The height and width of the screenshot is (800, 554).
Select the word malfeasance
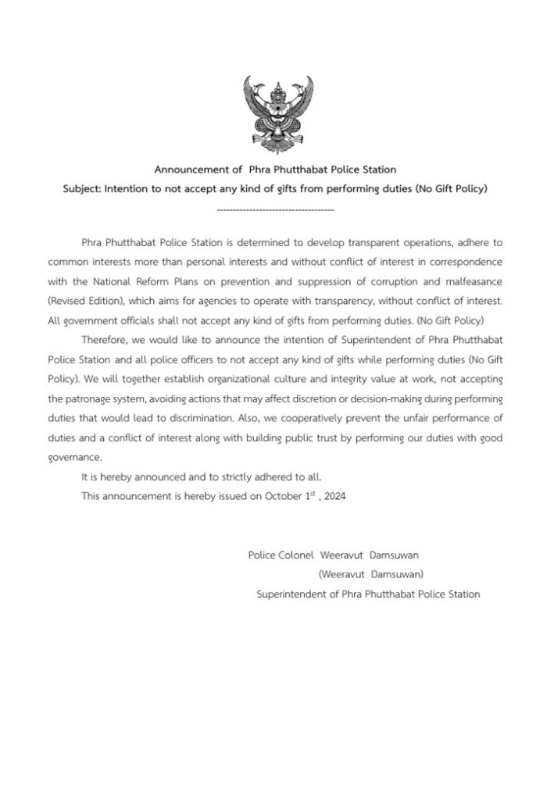[473, 277]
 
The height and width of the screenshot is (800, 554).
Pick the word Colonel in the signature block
[294, 555]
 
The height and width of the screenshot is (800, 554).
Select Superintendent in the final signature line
[291, 594]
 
